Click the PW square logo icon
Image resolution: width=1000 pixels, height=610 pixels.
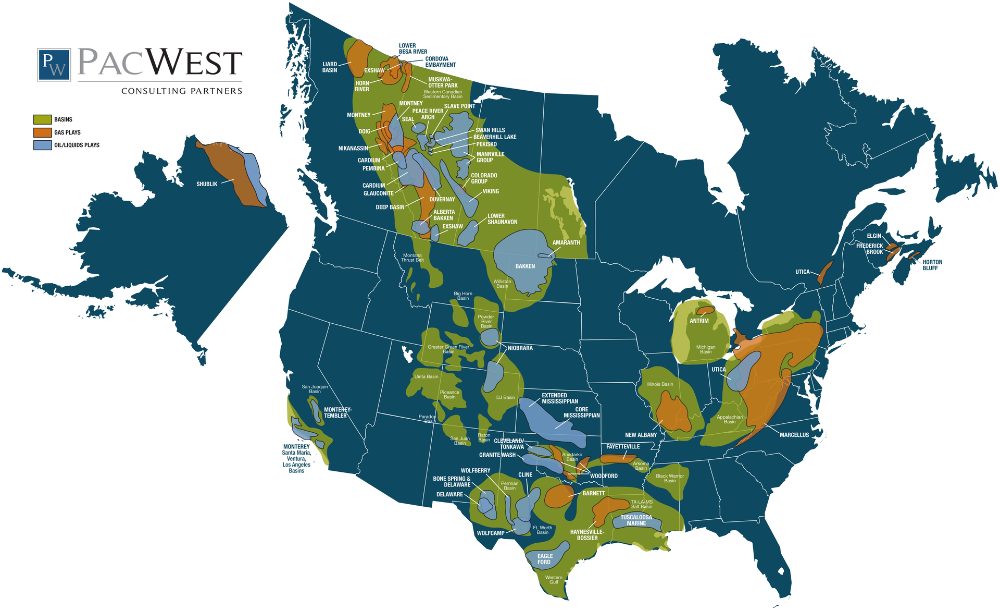pyautogui.click(x=54, y=65)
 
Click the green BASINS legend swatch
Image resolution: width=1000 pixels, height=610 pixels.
pyautogui.click(x=42, y=119)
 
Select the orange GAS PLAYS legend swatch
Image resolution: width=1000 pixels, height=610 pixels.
pyautogui.click(x=42, y=132)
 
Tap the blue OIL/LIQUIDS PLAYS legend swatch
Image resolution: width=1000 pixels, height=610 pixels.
pyautogui.click(x=42, y=145)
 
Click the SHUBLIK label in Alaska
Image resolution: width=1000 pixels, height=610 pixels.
pyautogui.click(x=207, y=184)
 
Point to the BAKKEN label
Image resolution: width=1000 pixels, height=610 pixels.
pyautogui.click(x=525, y=266)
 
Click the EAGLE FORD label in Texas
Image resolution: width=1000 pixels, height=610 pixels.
pyautogui.click(x=545, y=559)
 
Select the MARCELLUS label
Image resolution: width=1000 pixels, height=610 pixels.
pyautogui.click(x=794, y=435)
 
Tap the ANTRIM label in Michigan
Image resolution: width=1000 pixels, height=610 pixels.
pyautogui.click(x=699, y=321)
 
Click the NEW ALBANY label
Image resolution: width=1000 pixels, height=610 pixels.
pyautogui.click(x=641, y=435)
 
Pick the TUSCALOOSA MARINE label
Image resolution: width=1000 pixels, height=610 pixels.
pyautogui.click(x=636, y=520)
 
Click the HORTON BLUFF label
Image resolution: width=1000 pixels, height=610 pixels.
pyautogui.click(x=932, y=265)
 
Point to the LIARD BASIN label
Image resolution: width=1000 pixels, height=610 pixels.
pyautogui.click(x=330, y=67)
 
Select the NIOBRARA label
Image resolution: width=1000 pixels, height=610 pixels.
pyautogui.click(x=520, y=348)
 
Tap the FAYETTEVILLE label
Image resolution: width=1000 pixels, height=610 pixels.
pyautogui.click(x=623, y=447)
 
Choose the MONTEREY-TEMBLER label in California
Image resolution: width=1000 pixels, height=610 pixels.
pyautogui.click(x=337, y=412)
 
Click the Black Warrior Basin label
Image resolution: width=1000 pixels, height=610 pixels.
pyautogui.click(x=670, y=478)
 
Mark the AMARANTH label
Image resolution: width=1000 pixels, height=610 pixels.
pyautogui.click(x=566, y=242)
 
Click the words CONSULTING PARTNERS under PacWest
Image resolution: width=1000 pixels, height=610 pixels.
pyautogui.click(x=182, y=91)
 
